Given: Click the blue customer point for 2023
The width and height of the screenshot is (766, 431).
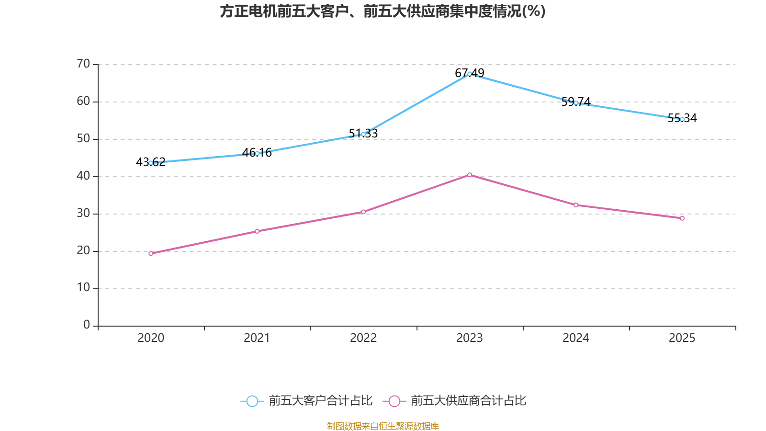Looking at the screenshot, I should pos(470,74).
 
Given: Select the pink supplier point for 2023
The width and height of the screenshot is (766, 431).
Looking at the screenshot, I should pos(470,175).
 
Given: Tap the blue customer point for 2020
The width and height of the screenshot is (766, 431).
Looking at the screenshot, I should pos(151,163).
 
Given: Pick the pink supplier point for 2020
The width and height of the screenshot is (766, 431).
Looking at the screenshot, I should pos(151,253).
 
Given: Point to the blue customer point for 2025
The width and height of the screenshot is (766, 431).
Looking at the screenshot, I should pos(682,119).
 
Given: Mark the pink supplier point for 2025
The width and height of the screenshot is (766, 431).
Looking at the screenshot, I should pos(682,218).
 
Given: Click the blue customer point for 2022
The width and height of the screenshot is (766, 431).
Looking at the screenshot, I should pos(363,134).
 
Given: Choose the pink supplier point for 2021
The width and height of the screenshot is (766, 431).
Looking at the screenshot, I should pos(257,231).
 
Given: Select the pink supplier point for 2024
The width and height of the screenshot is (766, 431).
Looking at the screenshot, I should pos(576,205).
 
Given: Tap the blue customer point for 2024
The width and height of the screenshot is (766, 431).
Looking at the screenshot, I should pos(576,102).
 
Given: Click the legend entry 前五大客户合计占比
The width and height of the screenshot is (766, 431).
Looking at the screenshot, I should pos(307,401).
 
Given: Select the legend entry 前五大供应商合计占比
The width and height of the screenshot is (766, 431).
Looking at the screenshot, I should pos(455,401).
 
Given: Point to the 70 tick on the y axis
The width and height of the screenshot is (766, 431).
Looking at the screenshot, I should pos(83,64).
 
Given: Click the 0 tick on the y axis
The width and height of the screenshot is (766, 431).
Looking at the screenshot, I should pos(87,325).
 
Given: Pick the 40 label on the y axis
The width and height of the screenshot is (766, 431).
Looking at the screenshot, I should pos(83,176).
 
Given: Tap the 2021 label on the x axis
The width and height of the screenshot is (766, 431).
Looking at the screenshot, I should pos(257,338).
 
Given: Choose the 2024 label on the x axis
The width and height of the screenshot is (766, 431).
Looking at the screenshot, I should pos(576,338).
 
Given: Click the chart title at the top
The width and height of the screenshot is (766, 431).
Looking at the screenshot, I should pos(383,11).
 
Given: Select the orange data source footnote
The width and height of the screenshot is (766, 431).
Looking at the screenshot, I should pos(383,426).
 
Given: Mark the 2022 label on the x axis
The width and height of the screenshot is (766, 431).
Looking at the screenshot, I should pos(363,338).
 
